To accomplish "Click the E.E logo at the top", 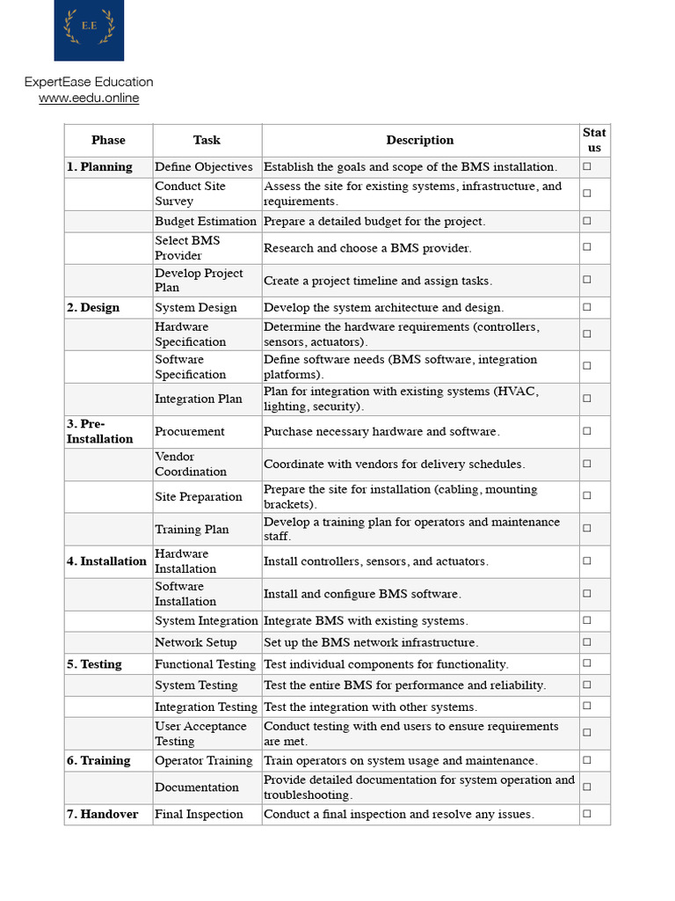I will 89,30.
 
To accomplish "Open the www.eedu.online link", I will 89,99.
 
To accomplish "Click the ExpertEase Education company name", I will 89,82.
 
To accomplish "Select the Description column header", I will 420,140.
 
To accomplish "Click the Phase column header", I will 108,140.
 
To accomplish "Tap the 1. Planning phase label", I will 99,167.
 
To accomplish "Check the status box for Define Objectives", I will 586,166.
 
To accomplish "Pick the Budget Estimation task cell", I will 206,222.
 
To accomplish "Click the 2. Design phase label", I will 93,308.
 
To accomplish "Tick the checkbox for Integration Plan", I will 586,399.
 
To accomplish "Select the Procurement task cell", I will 190,432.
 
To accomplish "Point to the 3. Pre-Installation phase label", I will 99,431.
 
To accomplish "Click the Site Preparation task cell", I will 199,497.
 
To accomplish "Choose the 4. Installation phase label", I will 106,561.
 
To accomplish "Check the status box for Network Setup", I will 586,642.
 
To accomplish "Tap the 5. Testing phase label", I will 94,664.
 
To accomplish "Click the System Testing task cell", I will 196,685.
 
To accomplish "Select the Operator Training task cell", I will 204,761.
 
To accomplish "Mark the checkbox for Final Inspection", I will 586,814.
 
